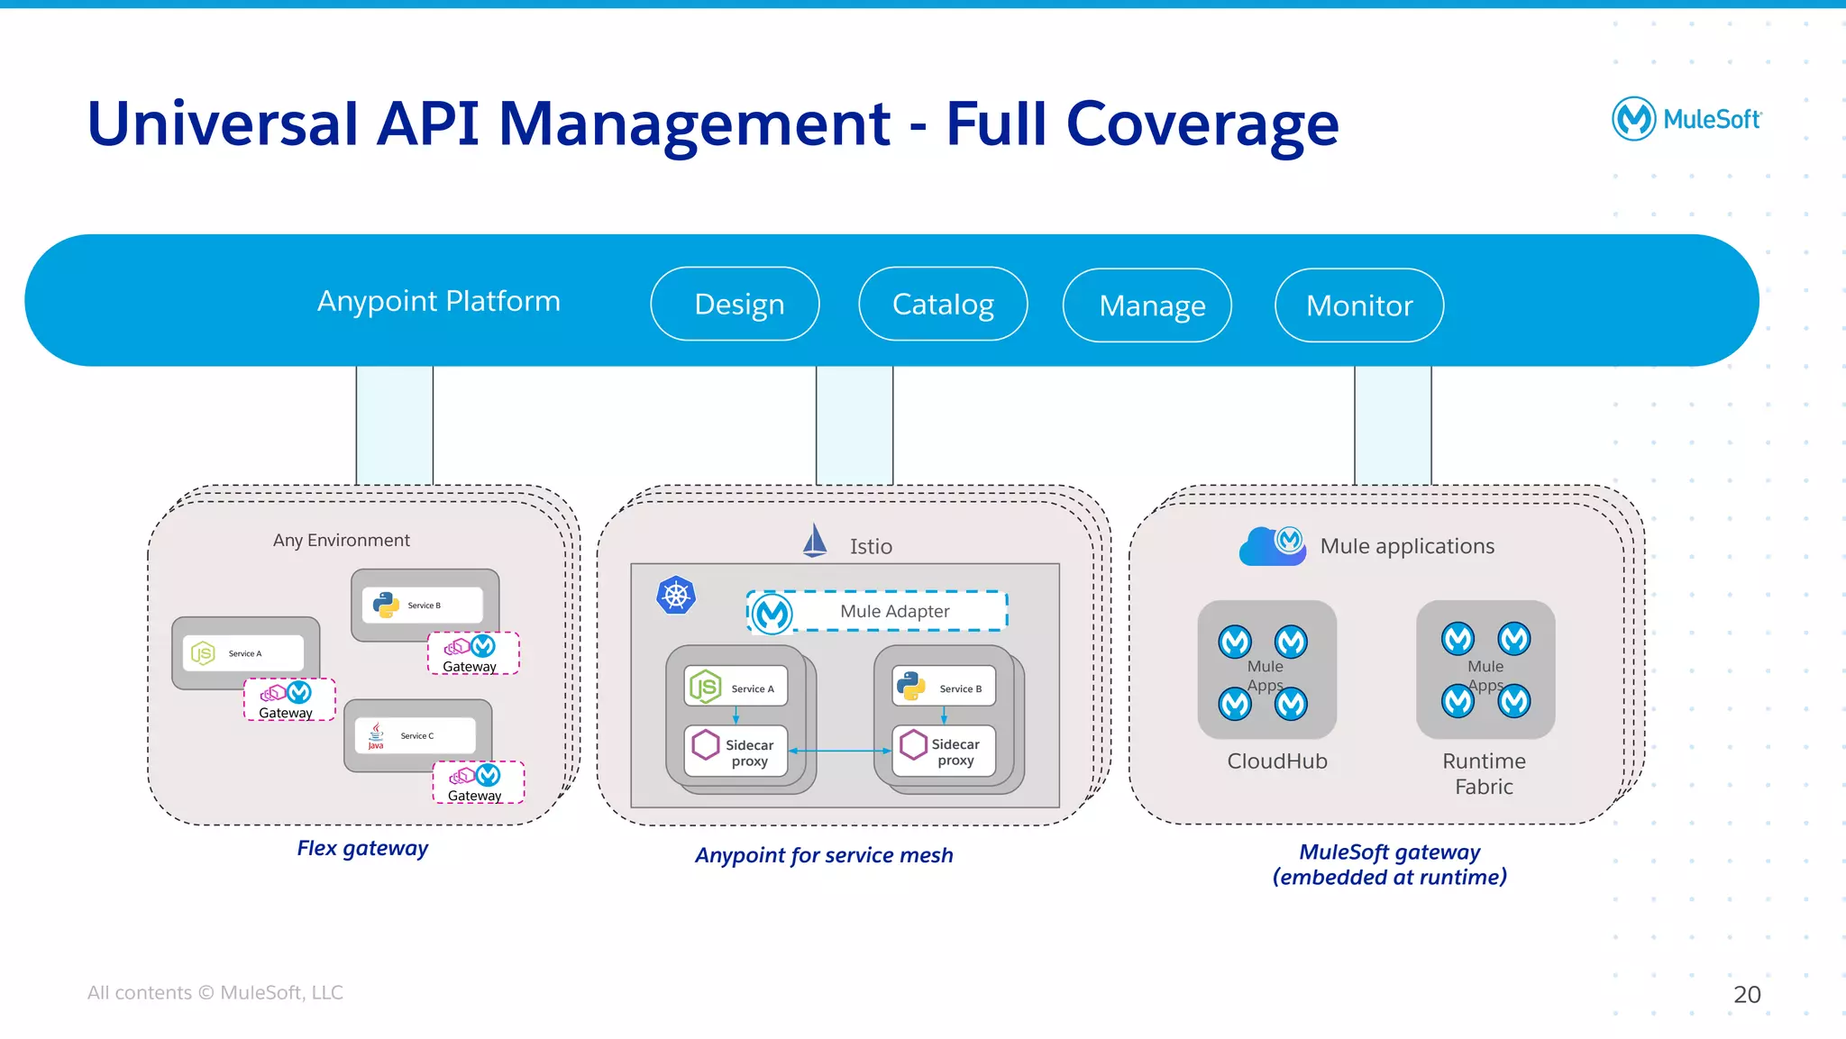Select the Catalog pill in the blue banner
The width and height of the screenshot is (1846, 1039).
[x=943, y=304]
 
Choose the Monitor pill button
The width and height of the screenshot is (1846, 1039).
[x=1359, y=305]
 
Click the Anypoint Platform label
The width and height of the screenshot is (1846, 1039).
[x=439, y=300]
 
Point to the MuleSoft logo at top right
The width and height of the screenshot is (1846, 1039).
[x=1686, y=119]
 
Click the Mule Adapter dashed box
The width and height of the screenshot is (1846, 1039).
[x=877, y=611]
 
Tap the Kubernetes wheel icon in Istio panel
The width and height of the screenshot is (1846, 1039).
[x=676, y=595]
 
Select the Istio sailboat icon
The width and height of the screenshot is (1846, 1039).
[x=815, y=542]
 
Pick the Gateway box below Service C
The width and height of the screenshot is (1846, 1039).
[x=478, y=782]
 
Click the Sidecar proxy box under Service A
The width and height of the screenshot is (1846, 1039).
[x=736, y=752]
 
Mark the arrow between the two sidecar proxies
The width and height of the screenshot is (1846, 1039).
[x=840, y=751]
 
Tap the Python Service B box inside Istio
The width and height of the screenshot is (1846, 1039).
[x=944, y=687]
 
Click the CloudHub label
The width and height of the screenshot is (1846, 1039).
[x=1276, y=761]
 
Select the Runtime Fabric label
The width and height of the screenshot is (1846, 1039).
[x=1484, y=773]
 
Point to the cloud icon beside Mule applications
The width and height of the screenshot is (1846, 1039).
[x=1272, y=546]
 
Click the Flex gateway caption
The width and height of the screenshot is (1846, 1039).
[x=362, y=848]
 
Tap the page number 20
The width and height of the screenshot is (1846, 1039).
[x=1746, y=994]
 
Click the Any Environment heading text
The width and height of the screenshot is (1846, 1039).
[x=341, y=540]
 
